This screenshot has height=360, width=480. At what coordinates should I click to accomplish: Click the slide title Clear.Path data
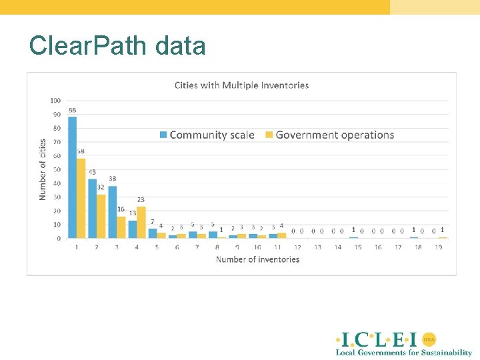click(x=117, y=45)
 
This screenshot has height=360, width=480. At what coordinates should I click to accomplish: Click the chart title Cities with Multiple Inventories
click(x=241, y=85)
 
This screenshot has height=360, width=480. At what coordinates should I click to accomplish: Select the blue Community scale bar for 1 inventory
click(x=73, y=177)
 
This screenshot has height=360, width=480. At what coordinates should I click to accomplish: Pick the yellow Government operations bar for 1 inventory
click(x=81, y=198)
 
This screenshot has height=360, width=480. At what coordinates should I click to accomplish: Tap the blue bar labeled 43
click(x=93, y=208)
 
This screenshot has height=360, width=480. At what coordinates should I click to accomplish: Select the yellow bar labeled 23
click(x=141, y=222)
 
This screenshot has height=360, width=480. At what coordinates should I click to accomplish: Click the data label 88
click(x=72, y=110)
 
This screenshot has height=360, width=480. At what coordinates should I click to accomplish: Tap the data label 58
click(x=81, y=151)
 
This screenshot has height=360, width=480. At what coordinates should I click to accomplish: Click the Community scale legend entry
click(x=207, y=135)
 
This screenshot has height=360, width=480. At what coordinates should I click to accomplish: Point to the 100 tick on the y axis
click(x=55, y=101)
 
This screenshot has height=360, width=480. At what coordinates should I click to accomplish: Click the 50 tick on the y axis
click(x=57, y=169)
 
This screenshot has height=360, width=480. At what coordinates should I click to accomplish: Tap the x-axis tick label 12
click(x=297, y=247)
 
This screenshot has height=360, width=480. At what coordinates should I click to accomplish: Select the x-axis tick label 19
click(x=438, y=247)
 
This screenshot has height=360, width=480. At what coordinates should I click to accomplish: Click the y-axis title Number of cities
click(x=43, y=169)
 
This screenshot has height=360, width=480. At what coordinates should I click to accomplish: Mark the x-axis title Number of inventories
click(x=257, y=259)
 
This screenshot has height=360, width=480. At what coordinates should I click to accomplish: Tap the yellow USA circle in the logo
click(x=429, y=338)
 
